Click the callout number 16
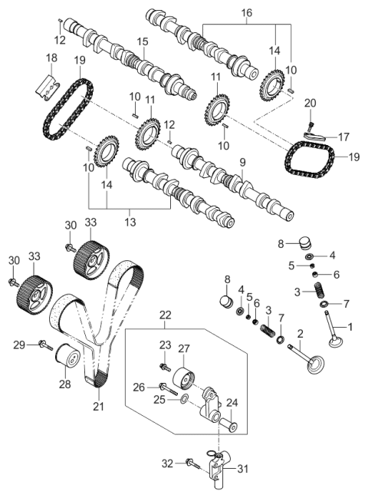(x=246, y=14)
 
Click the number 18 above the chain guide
(x=51, y=58)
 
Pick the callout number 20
(x=310, y=103)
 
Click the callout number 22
(x=166, y=315)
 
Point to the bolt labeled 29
(x=41, y=345)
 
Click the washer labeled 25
(x=184, y=400)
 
